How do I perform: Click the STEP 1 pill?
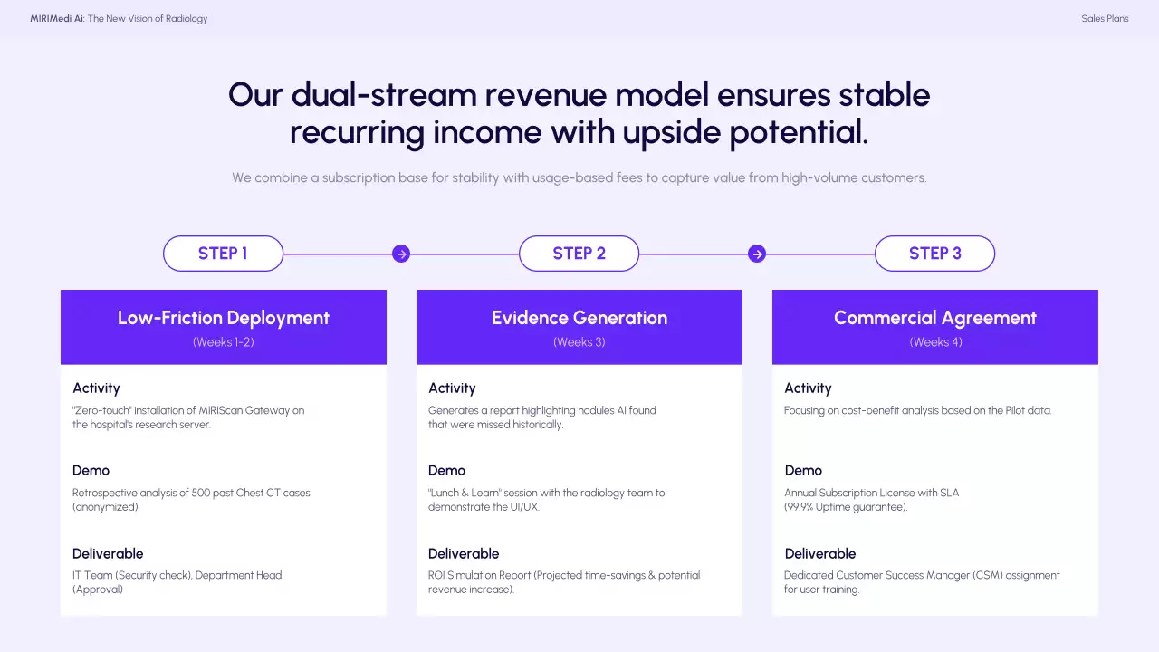[223, 254]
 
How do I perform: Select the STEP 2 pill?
[579, 254]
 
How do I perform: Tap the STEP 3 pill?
[935, 254]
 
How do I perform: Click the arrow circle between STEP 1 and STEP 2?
[401, 254]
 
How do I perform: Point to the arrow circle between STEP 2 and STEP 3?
[757, 254]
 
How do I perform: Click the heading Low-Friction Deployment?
[224, 318]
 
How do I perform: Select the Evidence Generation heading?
[579, 318]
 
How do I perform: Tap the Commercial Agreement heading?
[935, 318]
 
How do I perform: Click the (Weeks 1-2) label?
[224, 342]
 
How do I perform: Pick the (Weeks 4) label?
[936, 342]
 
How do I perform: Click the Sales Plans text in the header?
[1105, 19]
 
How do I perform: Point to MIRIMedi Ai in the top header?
[57, 19]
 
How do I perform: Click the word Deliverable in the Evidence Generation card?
[464, 553]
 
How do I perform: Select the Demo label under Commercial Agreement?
[803, 470]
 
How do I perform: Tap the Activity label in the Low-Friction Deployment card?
[96, 388]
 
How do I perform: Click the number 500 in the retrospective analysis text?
[201, 493]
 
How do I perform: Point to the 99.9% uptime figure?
[799, 507]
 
